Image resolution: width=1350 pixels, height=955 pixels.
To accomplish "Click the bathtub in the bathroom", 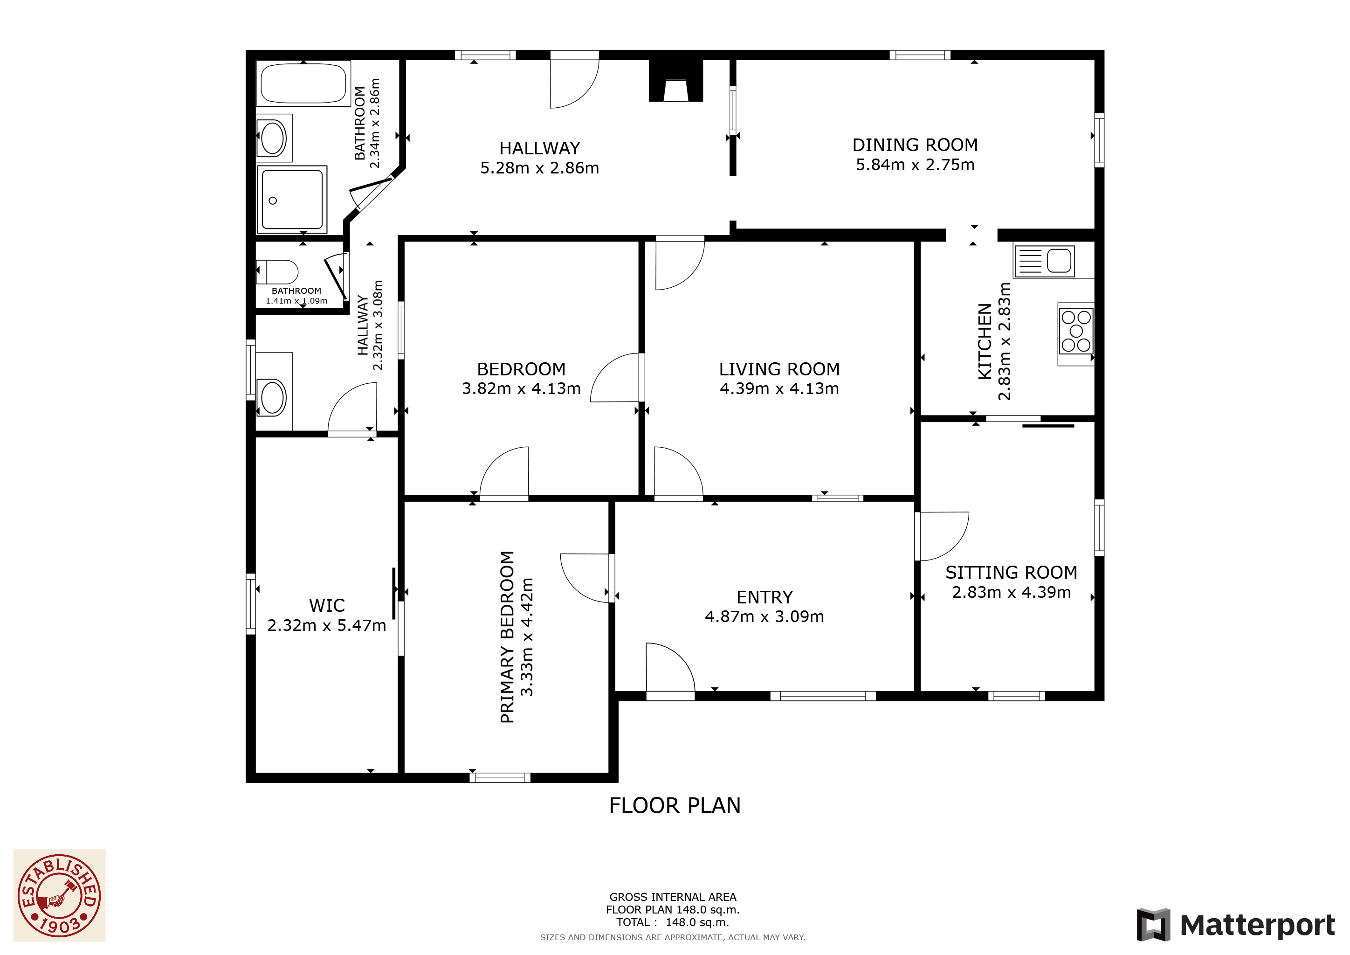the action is (303, 83).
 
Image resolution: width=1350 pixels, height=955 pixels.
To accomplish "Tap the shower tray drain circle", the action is (273, 201).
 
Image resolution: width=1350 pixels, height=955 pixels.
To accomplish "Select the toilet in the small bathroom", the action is (277, 272).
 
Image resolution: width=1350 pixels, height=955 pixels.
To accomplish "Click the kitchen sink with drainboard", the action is (1044, 261).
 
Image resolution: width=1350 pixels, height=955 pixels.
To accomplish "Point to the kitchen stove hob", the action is (1076, 331).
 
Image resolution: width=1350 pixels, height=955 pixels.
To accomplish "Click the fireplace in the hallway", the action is (676, 81).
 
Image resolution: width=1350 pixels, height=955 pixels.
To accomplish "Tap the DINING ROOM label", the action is (915, 145).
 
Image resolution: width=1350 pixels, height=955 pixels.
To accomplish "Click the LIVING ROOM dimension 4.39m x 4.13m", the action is (779, 389).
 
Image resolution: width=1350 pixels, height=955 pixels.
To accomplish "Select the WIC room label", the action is (327, 606).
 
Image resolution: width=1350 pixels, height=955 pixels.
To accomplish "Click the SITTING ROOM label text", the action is (1011, 573).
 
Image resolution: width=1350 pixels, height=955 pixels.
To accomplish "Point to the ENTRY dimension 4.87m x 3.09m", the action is (765, 617).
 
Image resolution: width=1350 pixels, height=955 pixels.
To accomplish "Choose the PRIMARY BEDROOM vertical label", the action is (507, 637).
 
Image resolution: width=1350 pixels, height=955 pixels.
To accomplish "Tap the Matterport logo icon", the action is (1154, 925).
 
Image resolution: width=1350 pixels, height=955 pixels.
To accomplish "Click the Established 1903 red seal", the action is (59, 896).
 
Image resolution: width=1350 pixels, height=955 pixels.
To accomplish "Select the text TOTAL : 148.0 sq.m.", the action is (673, 923).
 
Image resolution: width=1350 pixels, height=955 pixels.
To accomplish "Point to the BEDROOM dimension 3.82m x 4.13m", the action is (522, 389).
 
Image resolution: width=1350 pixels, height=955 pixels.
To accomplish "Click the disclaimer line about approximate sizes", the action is (673, 937).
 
